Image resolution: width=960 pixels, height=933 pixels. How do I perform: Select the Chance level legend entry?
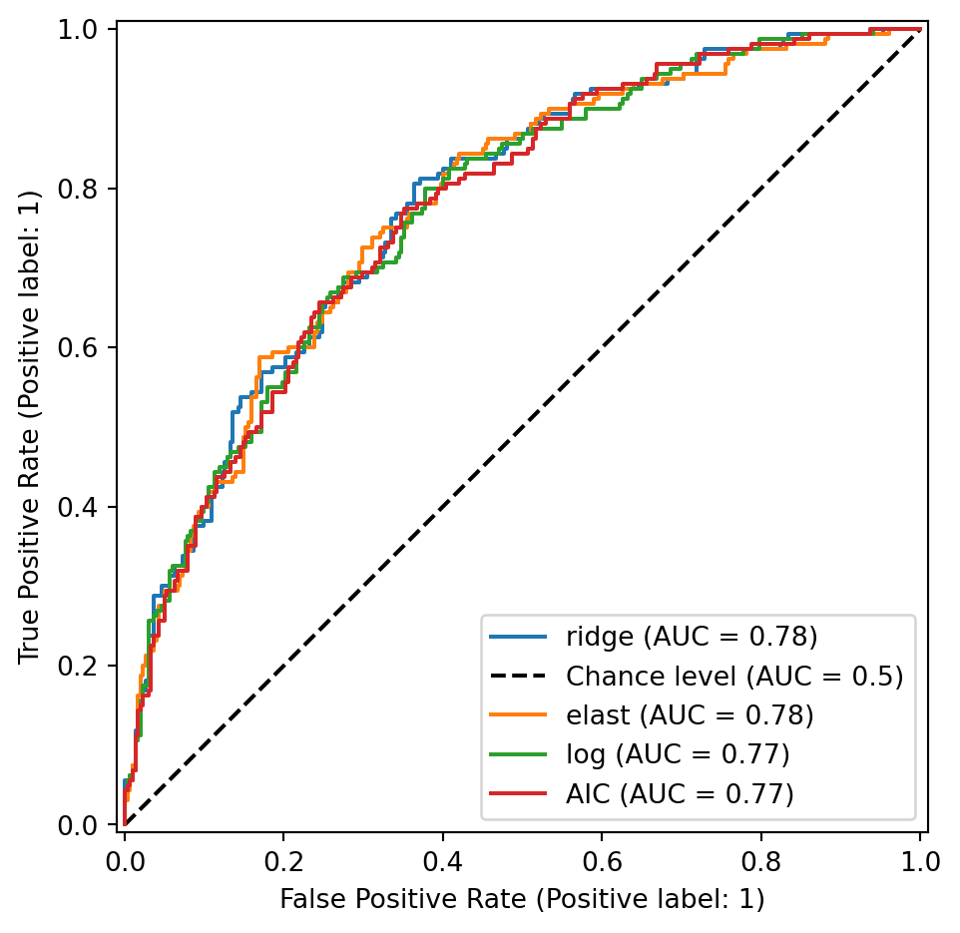tap(734, 676)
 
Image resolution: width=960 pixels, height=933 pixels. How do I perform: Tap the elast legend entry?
tap(690, 714)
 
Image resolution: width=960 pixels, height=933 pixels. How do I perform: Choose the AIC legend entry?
tap(680, 793)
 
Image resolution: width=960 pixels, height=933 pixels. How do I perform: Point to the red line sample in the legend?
tap(518, 793)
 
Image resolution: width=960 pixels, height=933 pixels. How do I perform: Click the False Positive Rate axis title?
tap(522, 900)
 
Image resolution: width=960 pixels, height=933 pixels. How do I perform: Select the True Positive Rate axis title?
tap(30, 426)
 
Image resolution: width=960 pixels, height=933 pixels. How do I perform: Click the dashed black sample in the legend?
tap(518, 676)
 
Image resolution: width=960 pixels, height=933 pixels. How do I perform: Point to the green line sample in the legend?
tap(518, 754)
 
